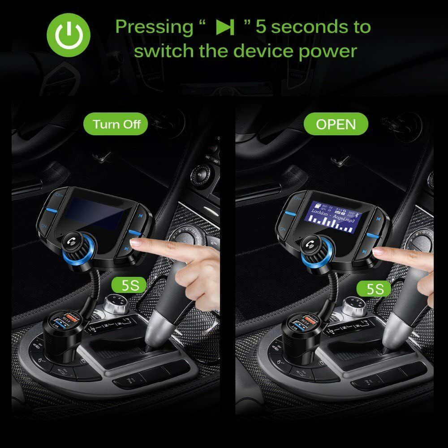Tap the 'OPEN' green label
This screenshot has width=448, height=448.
[336, 124]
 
